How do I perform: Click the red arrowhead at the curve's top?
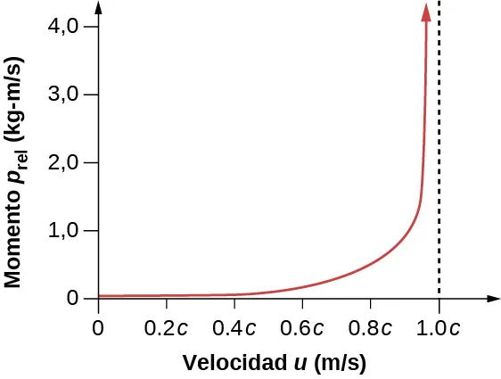click(427, 11)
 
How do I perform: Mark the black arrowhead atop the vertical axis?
click(97, 8)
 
